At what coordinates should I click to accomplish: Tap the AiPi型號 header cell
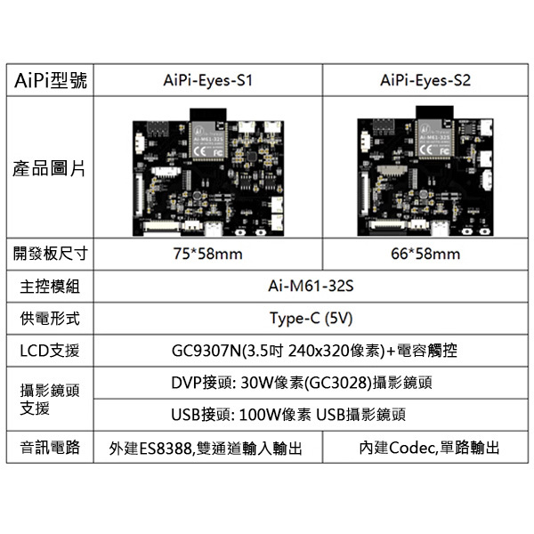(x=51, y=80)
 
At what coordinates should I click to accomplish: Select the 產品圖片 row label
(x=51, y=167)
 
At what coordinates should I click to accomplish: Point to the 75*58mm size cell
(x=208, y=254)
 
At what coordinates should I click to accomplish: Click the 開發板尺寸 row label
(x=51, y=254)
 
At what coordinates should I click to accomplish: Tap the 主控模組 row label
(x=51, y=287)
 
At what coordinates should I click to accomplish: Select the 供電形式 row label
(x=51, y=318)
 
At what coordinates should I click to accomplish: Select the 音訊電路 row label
(x=51, y=447)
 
